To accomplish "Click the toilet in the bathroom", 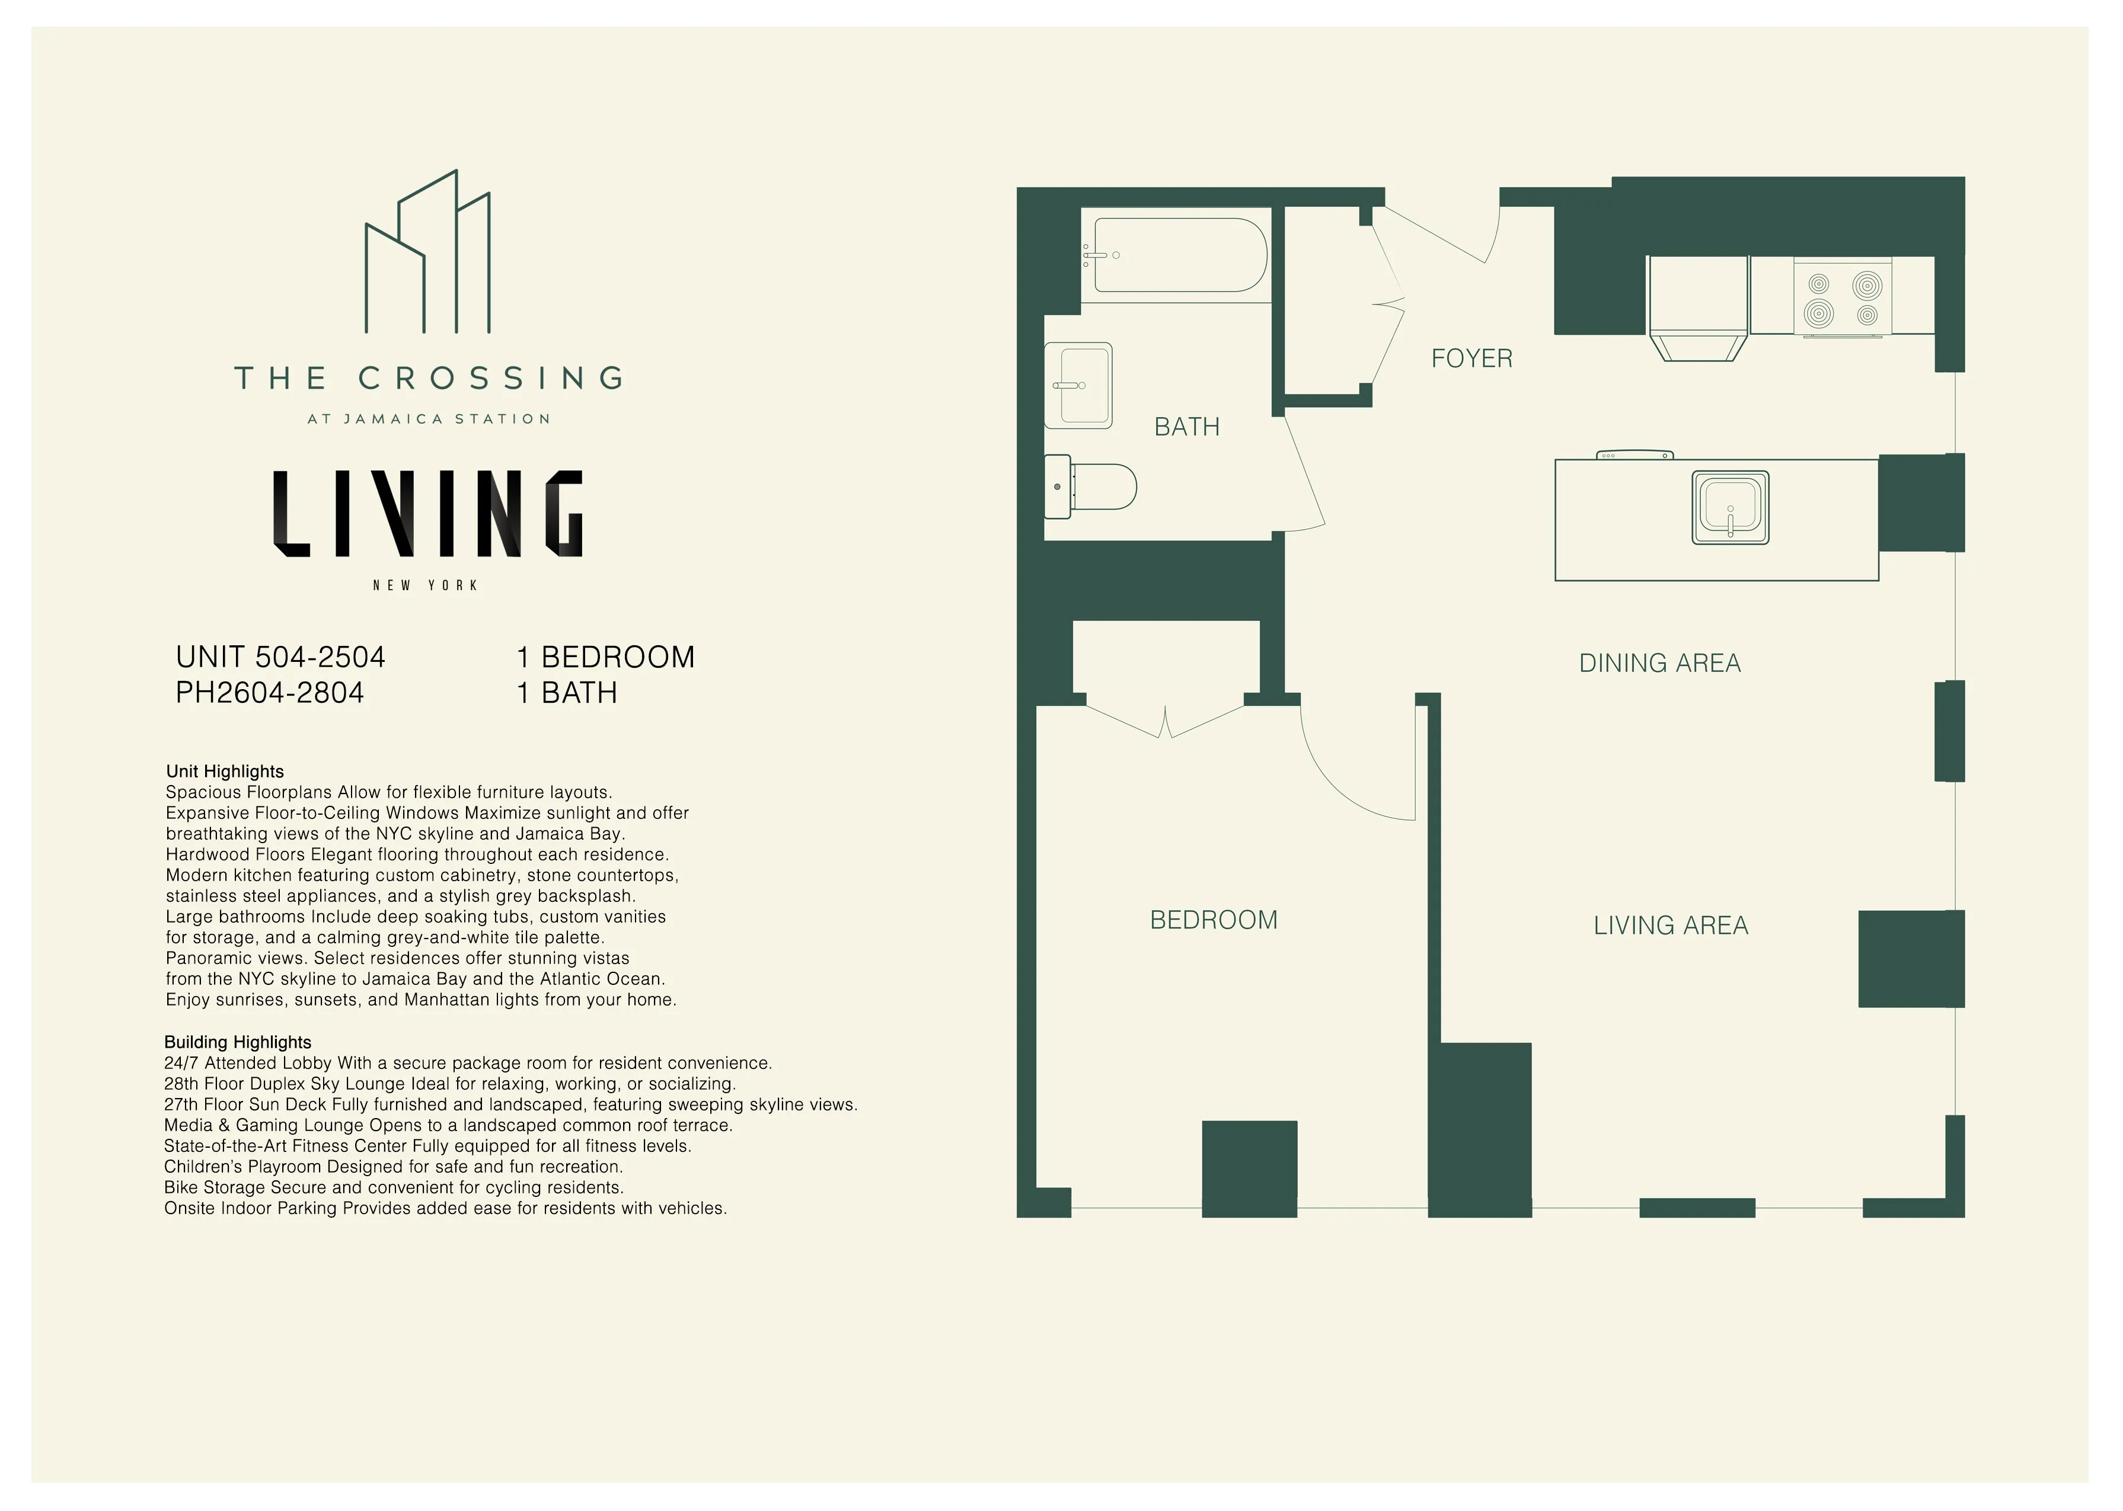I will [x=1094, y=486].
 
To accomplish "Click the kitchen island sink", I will [x=1729, y=508].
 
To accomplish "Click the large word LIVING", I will [x=427, y=514].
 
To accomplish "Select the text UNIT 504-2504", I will [x=280, y=657].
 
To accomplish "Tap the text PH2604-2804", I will [x=269, y=693].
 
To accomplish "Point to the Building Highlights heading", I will [x=237, y=1042].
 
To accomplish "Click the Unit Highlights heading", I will [x=224, y=771].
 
